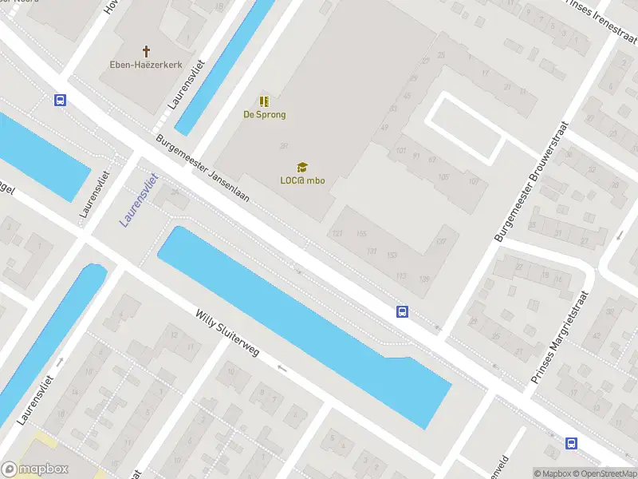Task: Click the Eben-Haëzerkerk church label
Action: tap(145, 64)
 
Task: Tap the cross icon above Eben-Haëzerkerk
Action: tap(146, 49)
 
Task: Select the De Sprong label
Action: tap(264, 114)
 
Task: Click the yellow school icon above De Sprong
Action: tap(264, 101)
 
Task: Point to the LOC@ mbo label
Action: tap(301, 180)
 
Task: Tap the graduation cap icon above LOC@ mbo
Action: tap(302, 167)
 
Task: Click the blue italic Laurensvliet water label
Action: tap(140, 200)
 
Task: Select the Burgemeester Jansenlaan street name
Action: tap(203, 170)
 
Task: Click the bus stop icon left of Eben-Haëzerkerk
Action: tap(60, 100)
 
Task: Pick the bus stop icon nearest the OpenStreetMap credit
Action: tap(571, 443)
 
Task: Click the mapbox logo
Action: tap(35, 469)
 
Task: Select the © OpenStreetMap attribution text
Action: tap(604, 473)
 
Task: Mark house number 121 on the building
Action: tap(337, 233)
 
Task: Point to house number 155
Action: tap(361, 233)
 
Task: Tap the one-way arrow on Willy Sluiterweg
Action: tap(281, 367)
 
